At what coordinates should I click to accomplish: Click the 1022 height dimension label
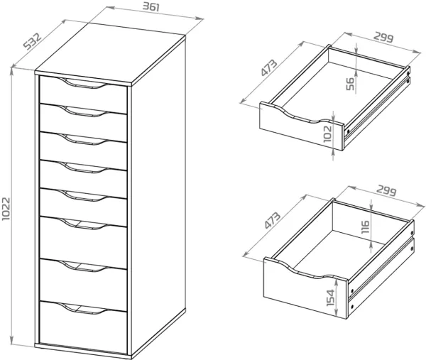click(7, 207)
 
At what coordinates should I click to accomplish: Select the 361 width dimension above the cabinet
click(151, 8)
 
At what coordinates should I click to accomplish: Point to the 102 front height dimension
click(329, 134)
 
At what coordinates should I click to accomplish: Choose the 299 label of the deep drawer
click(388, 191)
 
